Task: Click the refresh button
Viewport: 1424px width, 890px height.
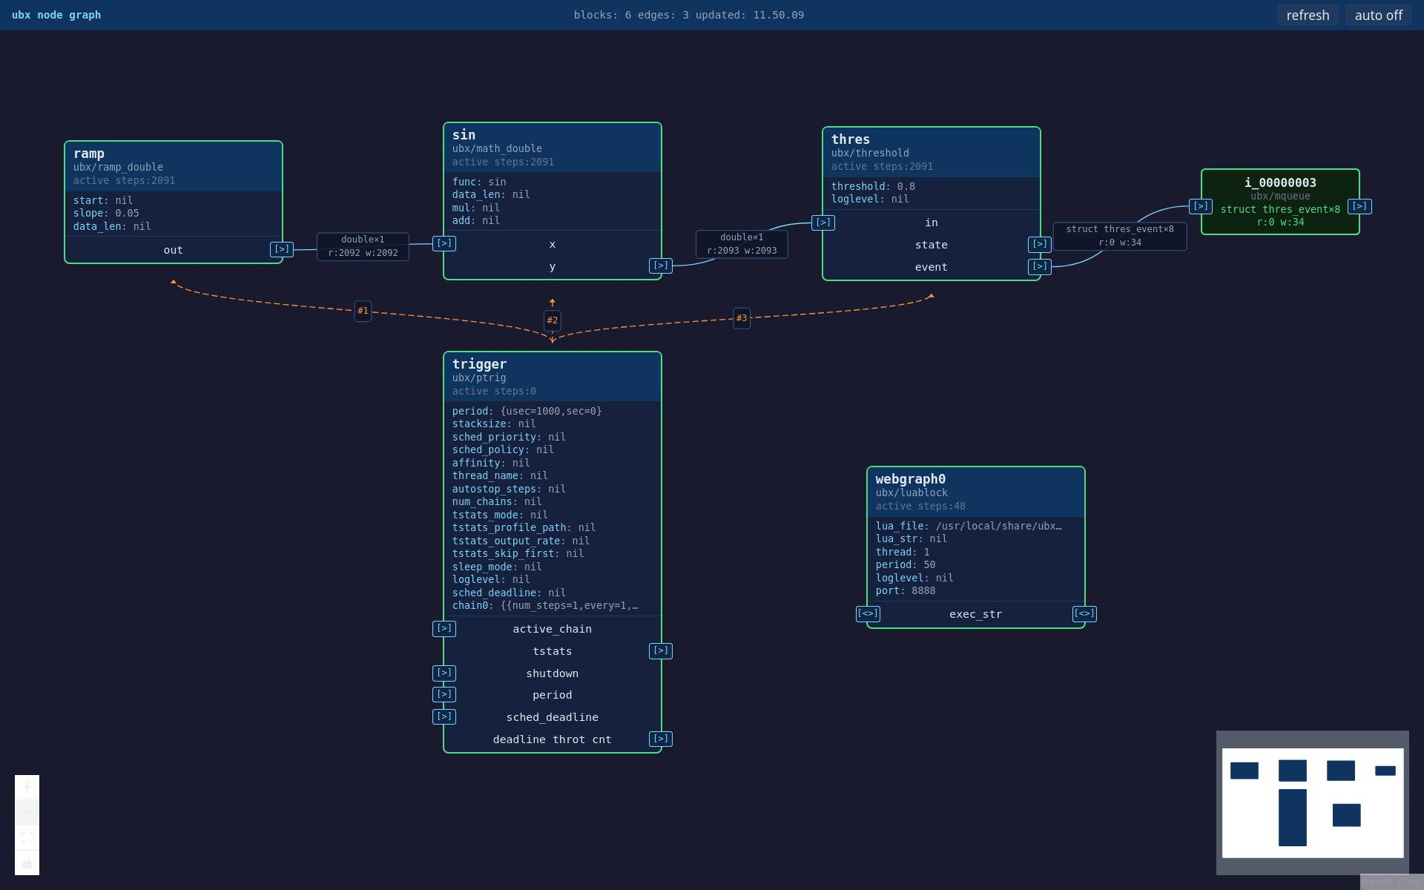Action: pos(1308,15)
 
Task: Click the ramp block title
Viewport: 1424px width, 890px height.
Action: pos(89,154)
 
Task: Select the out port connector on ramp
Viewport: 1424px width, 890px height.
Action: pos(282,249)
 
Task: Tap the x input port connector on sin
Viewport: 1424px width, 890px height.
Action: pos(444,243)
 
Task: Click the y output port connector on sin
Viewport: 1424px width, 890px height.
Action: pos(661,266)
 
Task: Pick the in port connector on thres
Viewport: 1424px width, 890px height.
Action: pos(823,222)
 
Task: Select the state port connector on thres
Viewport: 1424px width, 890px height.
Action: pos(1040,244)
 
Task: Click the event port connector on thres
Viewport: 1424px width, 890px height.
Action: pos(1040,266)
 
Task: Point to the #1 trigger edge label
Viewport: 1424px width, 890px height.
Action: pos(363,311)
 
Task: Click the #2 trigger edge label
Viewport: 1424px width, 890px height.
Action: pos(553,320)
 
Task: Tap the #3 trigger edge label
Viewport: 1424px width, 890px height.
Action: pos(742,318)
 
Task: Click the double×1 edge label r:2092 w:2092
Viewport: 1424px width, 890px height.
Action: pos(363,246)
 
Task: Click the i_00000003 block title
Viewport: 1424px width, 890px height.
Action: pos(1280,182)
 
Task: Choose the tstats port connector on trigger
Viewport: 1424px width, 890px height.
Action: pos(661,650)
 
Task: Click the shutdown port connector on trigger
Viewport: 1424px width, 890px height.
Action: pos(444,673)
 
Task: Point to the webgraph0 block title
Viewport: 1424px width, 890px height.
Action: pos(911,479)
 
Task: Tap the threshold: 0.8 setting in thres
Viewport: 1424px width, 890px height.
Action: pos(873,186)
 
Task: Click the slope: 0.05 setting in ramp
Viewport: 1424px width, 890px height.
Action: pos(106,213)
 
